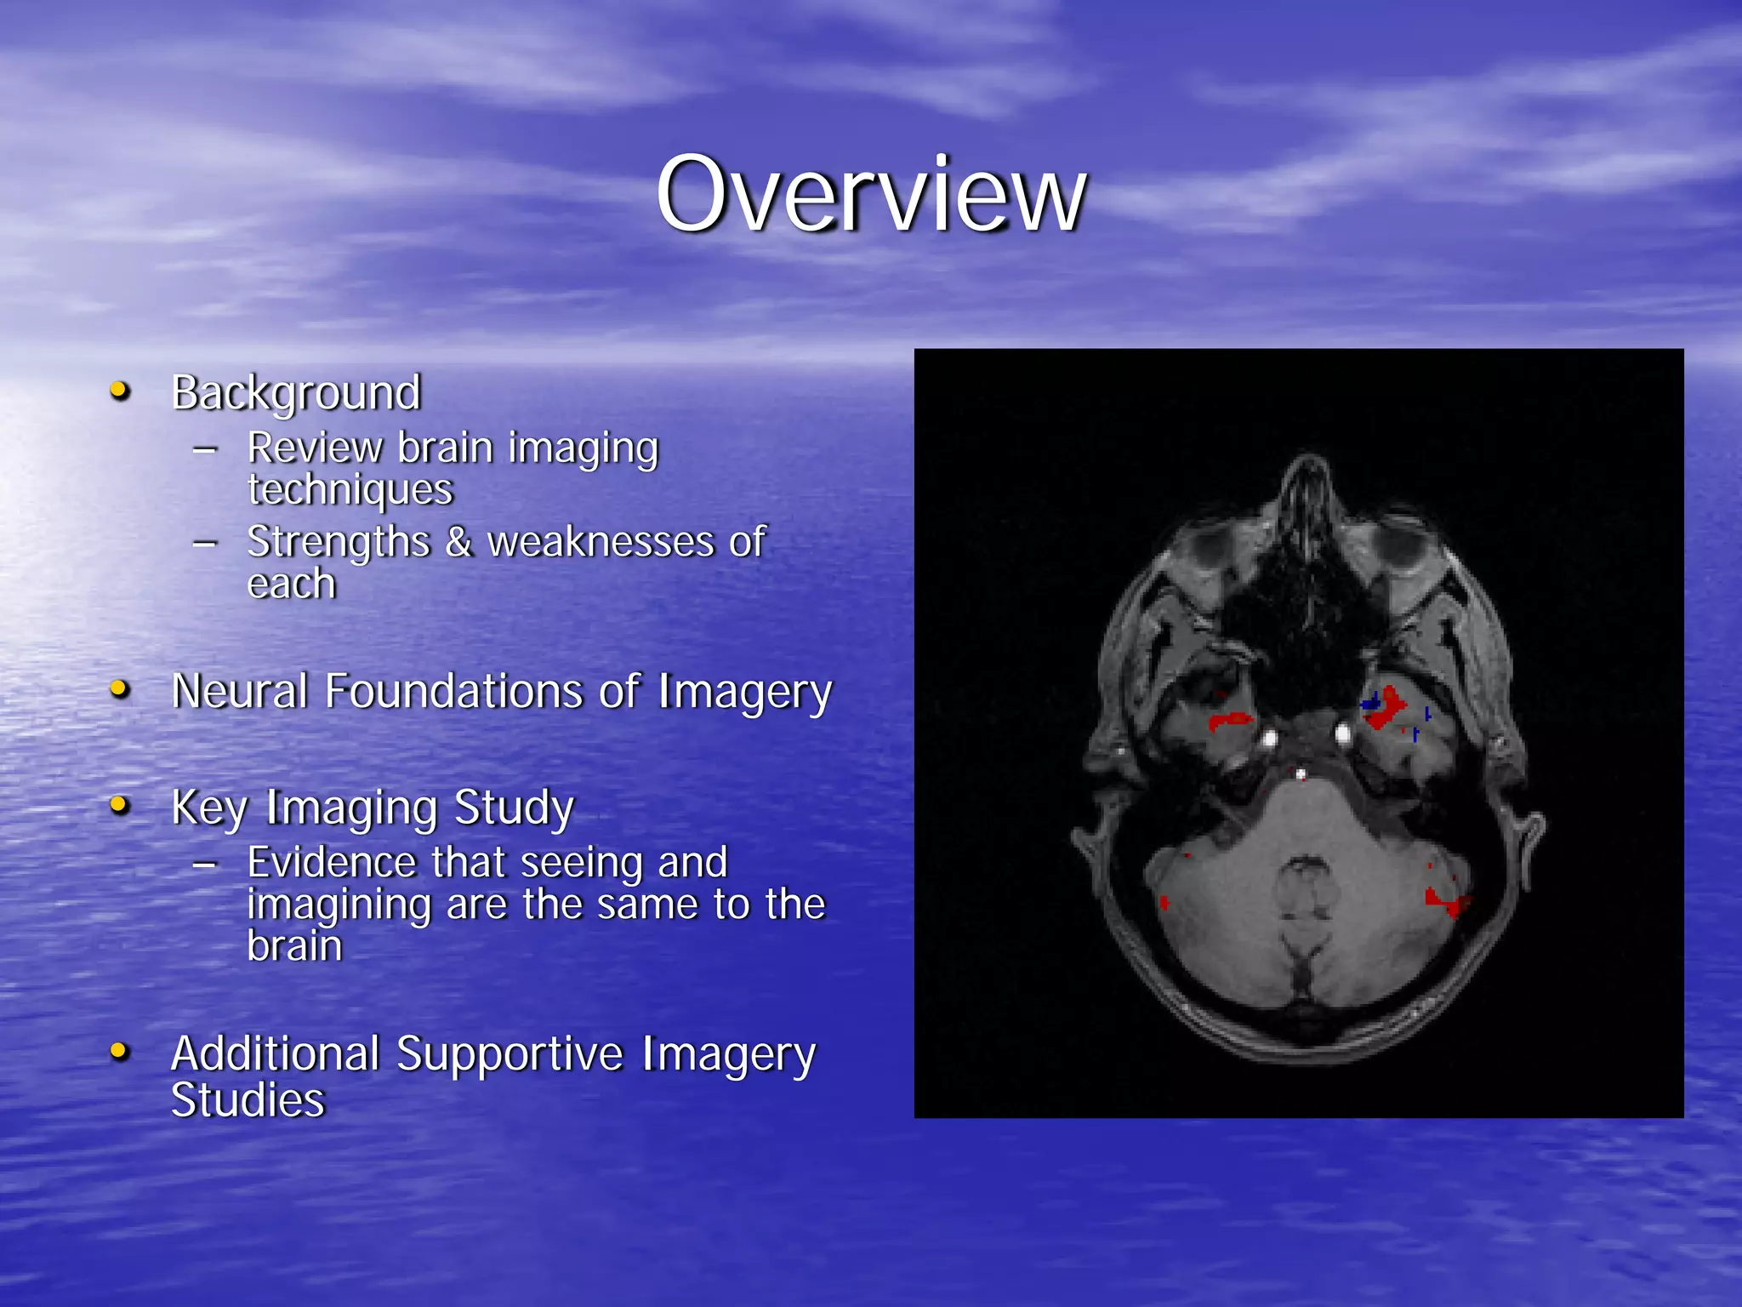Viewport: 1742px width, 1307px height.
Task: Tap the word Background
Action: (x=296, y=393)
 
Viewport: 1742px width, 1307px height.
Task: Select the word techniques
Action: (x=350, y=490)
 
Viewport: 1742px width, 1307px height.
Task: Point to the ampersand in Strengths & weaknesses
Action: (x=459, y=542)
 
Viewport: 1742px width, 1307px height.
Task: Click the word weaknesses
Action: (x=601, y=542)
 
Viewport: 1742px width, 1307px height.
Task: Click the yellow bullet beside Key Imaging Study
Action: (x=120, y=805)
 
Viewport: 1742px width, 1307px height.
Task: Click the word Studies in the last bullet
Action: (x=248, y=1100)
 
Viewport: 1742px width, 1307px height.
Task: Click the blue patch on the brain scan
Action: (x=1370, y=703)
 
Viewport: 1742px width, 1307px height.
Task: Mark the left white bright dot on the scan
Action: (x=1270, y=738)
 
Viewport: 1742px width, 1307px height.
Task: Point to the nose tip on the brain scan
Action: (x=1309, y=464)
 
